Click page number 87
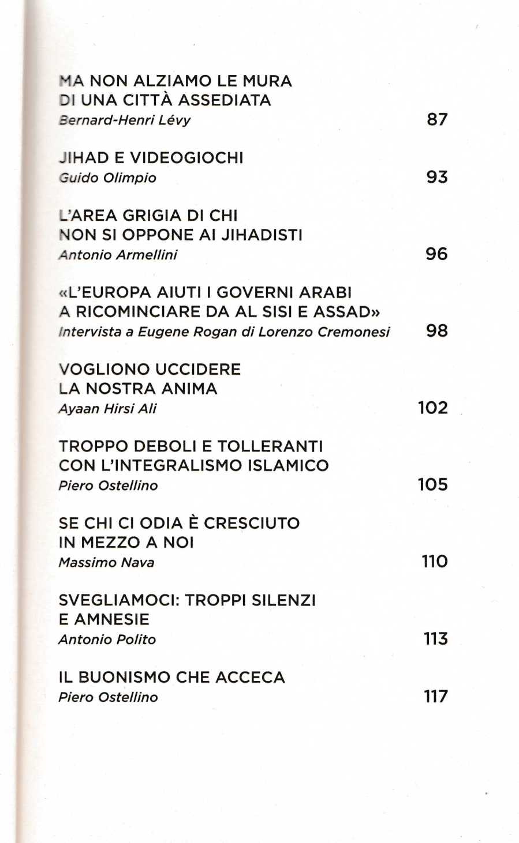tap(437, 119)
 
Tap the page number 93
tap(437, 177)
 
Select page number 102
tap(432, 408)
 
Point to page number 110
tap(434, 562)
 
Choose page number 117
tap(435, 697)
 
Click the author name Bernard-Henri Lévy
tap(125, 120)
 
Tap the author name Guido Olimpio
tap(108, 178)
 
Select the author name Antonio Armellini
tap(118, 254)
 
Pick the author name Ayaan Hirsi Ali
tap(108, 408)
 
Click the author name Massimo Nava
tap(107, 562)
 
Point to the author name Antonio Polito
tap(107, 639)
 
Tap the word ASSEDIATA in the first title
tap(225, 100)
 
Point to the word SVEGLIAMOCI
tap(120, 600)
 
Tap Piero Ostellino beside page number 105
tap(109, 485)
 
